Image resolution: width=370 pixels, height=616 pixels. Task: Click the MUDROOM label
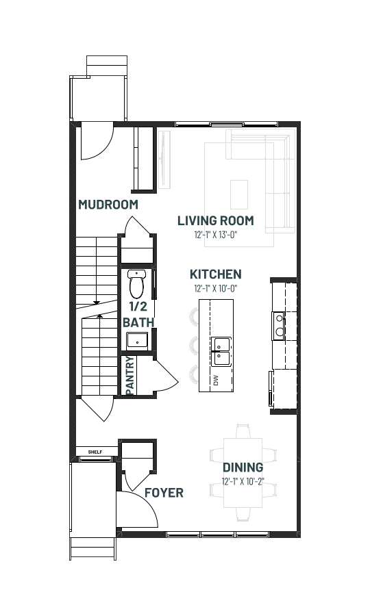[108, 205]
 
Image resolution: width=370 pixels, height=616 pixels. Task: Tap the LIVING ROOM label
[215, 221]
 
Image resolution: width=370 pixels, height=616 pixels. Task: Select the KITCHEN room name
[215, 274]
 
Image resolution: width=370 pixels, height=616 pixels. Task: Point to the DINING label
[243, 467]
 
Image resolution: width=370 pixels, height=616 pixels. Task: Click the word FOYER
[164, 493]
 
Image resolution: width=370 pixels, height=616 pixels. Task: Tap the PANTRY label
[130, 376]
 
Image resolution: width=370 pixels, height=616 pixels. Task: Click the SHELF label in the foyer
[95, 452]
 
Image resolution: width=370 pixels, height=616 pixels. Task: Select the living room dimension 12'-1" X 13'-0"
[216, 235]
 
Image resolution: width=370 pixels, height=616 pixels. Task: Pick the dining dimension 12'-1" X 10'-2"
[243, 482]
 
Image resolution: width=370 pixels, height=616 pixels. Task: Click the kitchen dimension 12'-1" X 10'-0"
[215, 288]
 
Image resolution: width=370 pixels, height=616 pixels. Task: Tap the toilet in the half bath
[136, 284]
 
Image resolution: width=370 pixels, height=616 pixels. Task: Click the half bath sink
[137, 341]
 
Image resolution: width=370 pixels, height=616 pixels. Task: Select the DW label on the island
[215, 380]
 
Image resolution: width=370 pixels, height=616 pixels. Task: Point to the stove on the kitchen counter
[279, 326]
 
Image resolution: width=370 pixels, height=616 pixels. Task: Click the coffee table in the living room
[239, 194]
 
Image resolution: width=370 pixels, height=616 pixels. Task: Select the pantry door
[166, 376]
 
